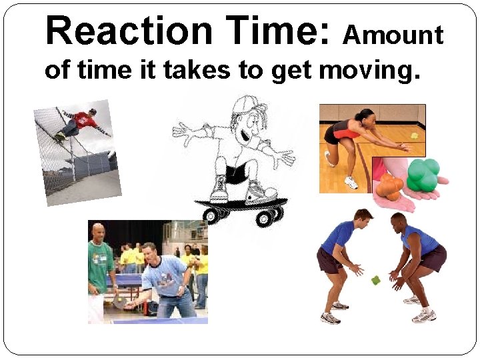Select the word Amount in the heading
click(x=393, y=35)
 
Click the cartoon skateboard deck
click(x=240, y=203)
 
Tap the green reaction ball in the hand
click(x=425, y=174)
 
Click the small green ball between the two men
click(x=375, y=280)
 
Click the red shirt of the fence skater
click(x=83, y=121)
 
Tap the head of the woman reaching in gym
click(x=364, y=115)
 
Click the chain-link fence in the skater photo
click(x=53, y=153)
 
